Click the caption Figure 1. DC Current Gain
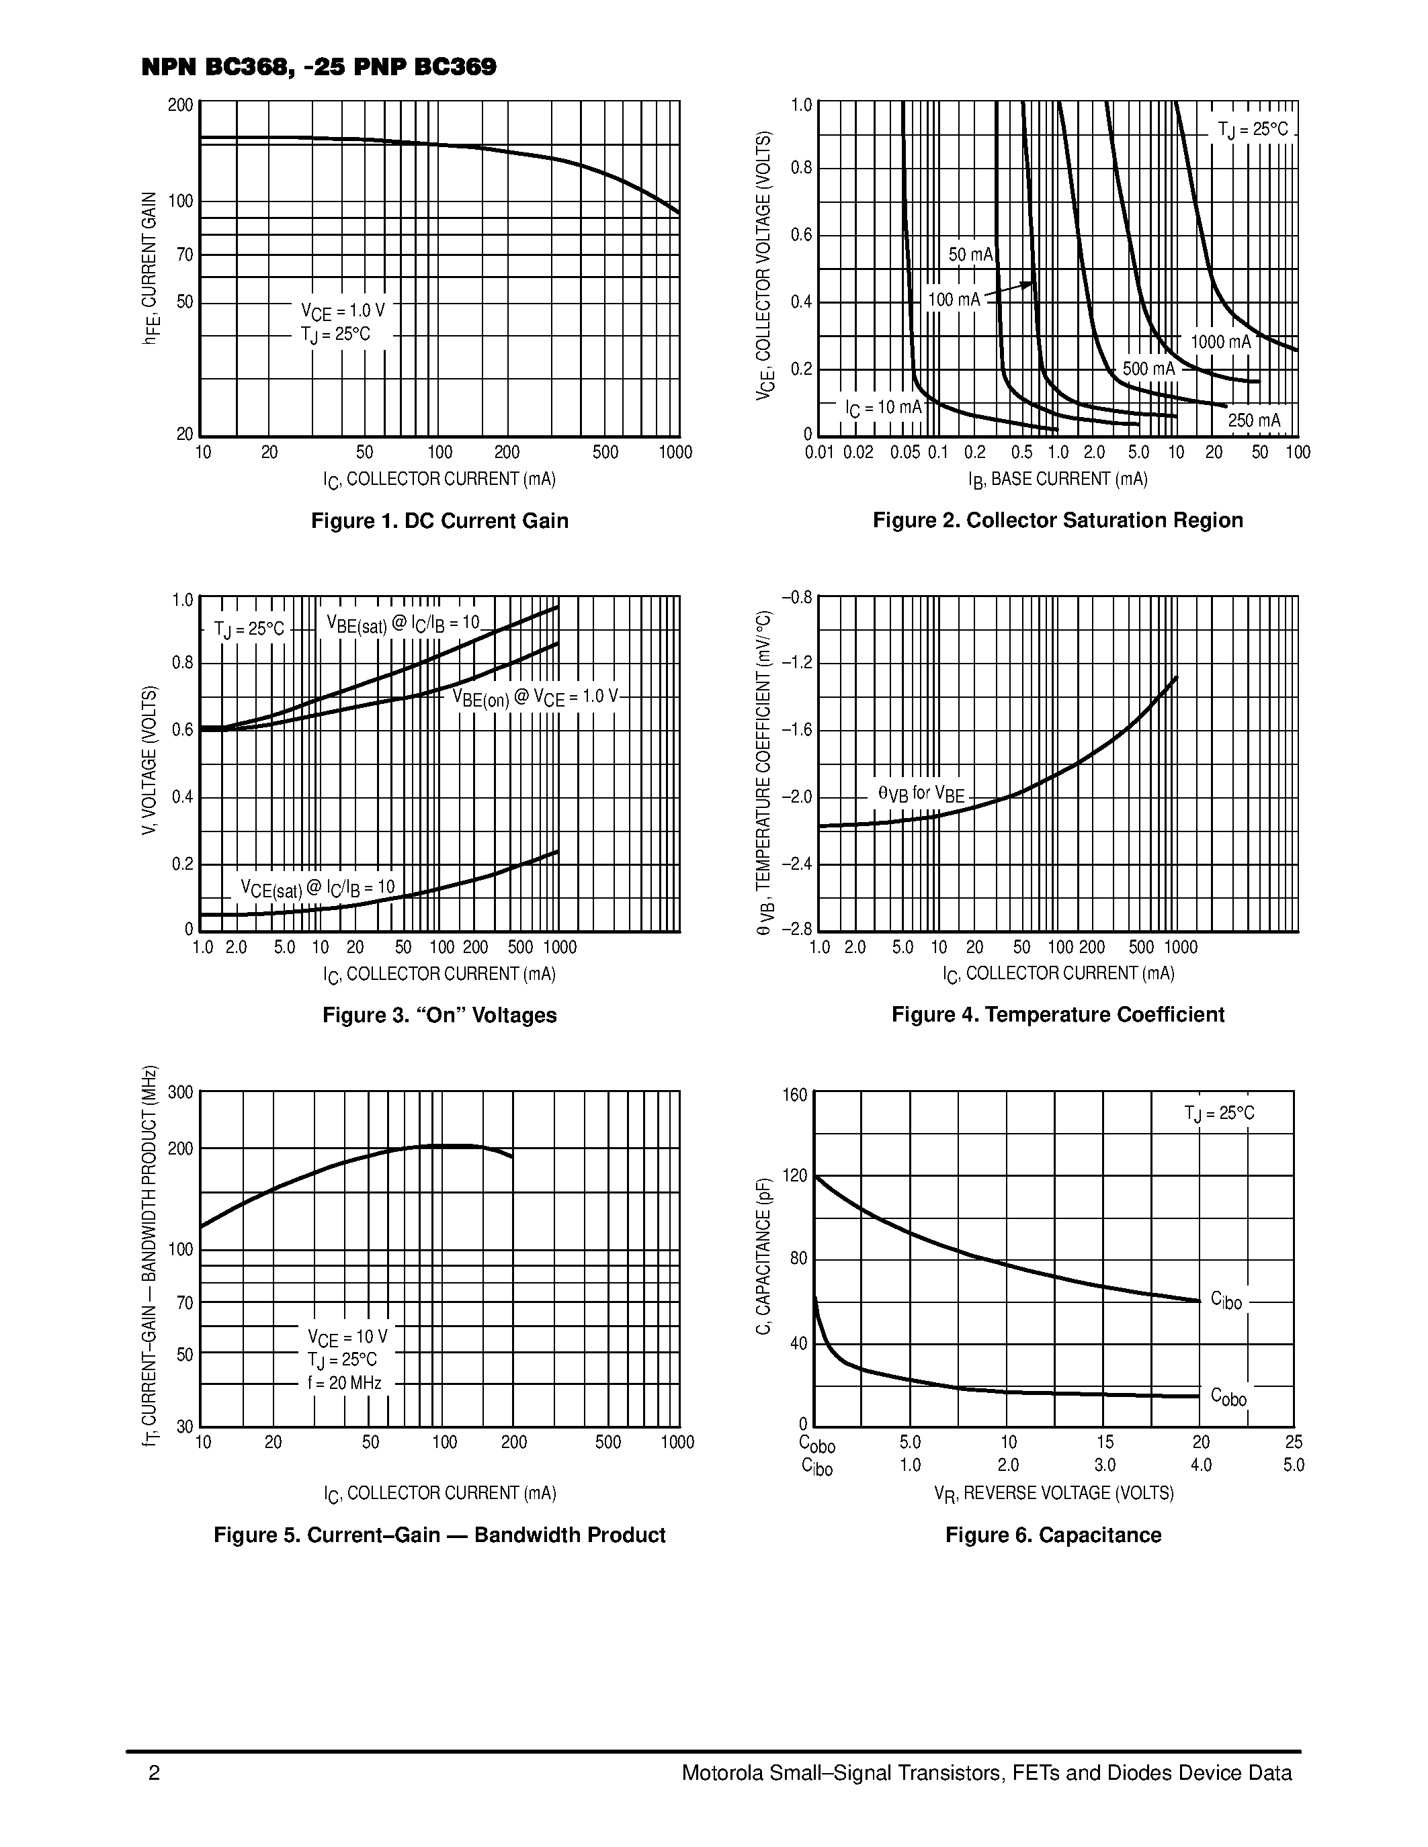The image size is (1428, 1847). pyautogui.click(x=439, y=520)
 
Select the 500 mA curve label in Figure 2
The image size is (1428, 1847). pyautogui.click(x=1148, y=369)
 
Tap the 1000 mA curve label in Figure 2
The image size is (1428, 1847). pyautogui.click(x=1220, y=342)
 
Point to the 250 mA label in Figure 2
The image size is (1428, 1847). pyautogui.click(x=1254, y=420)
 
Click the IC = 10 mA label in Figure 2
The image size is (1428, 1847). pyautogui.click(x=883, y=408)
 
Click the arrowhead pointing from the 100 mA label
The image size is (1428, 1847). pyautogui.click(x=1029, y=285)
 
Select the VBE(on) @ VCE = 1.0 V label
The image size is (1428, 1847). pyautogui.click(x=535, y=697)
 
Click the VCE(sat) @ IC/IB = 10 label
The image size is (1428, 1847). pyautogui.click(x=317, y=888)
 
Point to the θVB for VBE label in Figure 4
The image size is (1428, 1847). pyautogui.click(x=921, y=793)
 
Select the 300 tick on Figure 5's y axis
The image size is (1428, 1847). pyautogui.click(x=180, y=1092)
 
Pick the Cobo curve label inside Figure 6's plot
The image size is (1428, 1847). pyautogui.click(x=1228, y=1396)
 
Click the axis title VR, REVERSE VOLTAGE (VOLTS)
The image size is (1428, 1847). pyautogui.click(x=1053, y=1492)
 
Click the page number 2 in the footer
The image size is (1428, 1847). pyautogui.click(x=154, y=1772)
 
